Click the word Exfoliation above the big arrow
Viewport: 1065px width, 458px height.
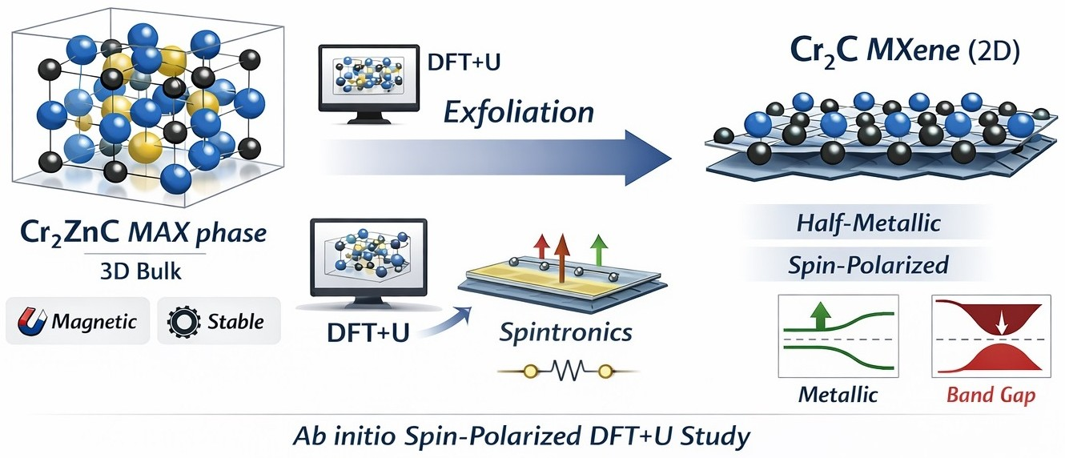coord(519,112)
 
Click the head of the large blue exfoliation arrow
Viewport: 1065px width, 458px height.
coord(648,158)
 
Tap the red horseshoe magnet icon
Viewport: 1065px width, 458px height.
coord(32,322)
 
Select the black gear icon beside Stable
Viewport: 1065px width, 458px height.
coord(183,322)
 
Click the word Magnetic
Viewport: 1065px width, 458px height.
coord(94,322)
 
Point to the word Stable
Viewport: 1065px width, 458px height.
coord(235,322)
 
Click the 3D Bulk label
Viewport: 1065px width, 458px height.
coord(141,271)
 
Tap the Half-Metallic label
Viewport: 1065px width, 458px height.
coord(868,223)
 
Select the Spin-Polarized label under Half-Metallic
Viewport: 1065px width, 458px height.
coord(868,265)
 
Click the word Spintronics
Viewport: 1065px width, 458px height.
coord(566,331)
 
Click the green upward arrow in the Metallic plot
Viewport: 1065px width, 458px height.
coord(821,315)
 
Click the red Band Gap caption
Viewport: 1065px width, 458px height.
coord(991,395)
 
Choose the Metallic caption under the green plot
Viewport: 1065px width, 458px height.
coord(838,394)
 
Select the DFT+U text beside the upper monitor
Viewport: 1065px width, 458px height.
coord(464,62)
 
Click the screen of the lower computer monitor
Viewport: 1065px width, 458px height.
coord(368,256)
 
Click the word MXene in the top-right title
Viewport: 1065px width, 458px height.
coord(913,50)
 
